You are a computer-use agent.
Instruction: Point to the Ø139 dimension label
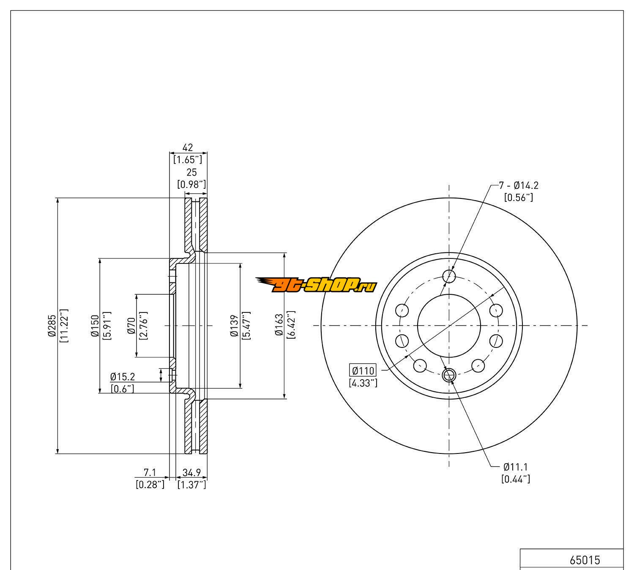[x=234, y=326]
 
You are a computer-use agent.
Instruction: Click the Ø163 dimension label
[x=279, y=326]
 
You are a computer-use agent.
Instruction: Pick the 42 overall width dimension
[x=188, y=147]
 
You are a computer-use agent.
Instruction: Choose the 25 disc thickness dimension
[x=192, y=172]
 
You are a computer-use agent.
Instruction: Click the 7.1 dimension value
[x=150, y=472]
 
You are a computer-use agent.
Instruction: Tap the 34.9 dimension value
[x=192, y=472]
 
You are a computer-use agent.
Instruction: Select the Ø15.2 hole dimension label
[x=123, y=377]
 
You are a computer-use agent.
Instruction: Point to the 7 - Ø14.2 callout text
[x=519, y=185]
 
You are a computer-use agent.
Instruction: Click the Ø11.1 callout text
[x=516, y=467]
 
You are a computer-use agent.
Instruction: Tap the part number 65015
[x=585, y=560]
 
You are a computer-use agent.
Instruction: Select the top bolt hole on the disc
[x=449, y=277]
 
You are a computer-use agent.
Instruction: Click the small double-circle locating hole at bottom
[x=449, y=374]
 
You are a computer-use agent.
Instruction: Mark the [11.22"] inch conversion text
[x=64, y=326]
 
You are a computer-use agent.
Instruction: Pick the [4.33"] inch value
[x=363, y=383]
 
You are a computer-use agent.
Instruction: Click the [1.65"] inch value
[x=188, y=160]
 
